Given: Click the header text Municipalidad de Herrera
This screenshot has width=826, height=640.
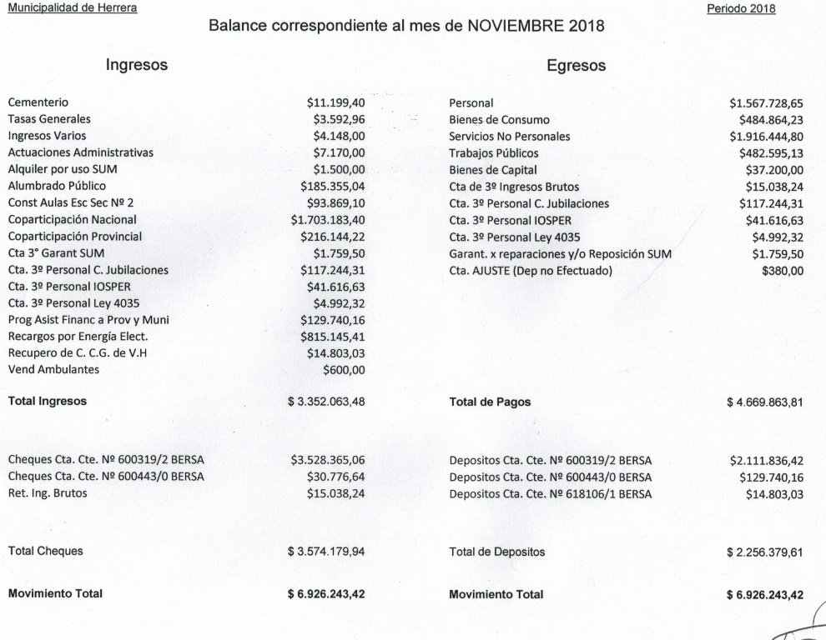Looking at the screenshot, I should (x=73, y=8).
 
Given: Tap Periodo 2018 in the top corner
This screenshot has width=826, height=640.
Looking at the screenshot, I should (x=741, y=9).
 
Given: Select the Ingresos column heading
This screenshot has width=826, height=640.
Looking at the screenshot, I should (x=137, y=64).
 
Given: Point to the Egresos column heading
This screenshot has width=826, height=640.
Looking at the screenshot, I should (x=577, y=65).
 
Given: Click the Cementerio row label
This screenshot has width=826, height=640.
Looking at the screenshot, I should (x=38, y=102).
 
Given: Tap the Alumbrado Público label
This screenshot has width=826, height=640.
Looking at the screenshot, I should (x=57, y=186).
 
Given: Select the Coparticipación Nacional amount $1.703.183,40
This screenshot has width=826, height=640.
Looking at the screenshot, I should (x=328, y=220).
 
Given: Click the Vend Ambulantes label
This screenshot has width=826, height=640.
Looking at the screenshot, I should (x=53, y=369).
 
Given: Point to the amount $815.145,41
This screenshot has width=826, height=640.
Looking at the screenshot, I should (x=332, y=337).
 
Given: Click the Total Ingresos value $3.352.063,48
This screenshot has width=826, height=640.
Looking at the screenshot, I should (x=326, y=402).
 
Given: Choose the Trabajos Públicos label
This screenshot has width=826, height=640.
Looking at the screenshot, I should (x=494, y=153).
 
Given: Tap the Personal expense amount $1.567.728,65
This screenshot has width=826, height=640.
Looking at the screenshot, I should (x=766, y=103).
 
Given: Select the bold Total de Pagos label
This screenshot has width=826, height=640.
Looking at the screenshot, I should (x=490, y=402).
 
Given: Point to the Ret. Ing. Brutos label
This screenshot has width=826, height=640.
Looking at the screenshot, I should (x=48, y=493).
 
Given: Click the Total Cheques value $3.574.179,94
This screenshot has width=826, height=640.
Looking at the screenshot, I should (x=326, y=552).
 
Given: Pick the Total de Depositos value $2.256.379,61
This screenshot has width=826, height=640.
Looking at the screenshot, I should (x=765, y=552).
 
